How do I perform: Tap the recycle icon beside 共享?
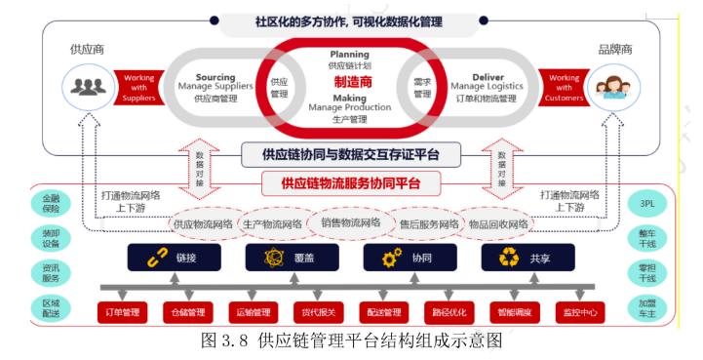click(x=508, y=258)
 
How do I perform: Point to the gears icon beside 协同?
click(x=391, y=258)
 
